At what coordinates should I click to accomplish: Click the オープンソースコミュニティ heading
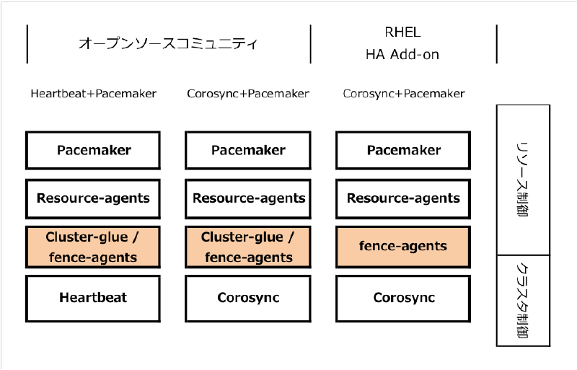click(x=167, y=43)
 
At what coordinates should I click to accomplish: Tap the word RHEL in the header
click(x=402, y=32)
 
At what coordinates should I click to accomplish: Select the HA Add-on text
click(x=402, y=54)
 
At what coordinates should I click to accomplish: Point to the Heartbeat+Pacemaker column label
click(x=94, y=94)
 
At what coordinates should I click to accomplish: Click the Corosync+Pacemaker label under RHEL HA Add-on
click(x=404, y=94)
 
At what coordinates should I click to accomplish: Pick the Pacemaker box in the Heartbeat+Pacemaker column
click(x=94, y=150)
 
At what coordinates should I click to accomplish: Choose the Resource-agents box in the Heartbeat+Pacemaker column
click(x=94, y=198)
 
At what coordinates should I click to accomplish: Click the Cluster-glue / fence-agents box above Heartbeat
click(x=94, y=247)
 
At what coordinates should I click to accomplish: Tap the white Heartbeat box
click(x=94, y=298)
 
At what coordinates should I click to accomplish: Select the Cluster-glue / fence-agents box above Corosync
click(x=248, y=247)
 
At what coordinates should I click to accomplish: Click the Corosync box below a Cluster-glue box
click(x=248, y=298)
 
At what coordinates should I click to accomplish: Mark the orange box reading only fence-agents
click(x=403, y=247)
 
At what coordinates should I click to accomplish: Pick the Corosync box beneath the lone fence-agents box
click(x=403, y=298)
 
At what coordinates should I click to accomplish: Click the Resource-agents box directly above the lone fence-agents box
click(x=403, y=198)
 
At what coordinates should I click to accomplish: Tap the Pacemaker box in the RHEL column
click(x=403, y=150)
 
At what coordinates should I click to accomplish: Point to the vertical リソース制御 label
click(x=523, y=180)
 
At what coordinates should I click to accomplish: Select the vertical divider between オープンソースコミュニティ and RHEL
click(x=311, y=44)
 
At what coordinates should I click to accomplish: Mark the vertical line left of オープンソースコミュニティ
click(x=27, y=44)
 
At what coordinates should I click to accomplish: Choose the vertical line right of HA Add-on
click(x=497, y=44)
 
